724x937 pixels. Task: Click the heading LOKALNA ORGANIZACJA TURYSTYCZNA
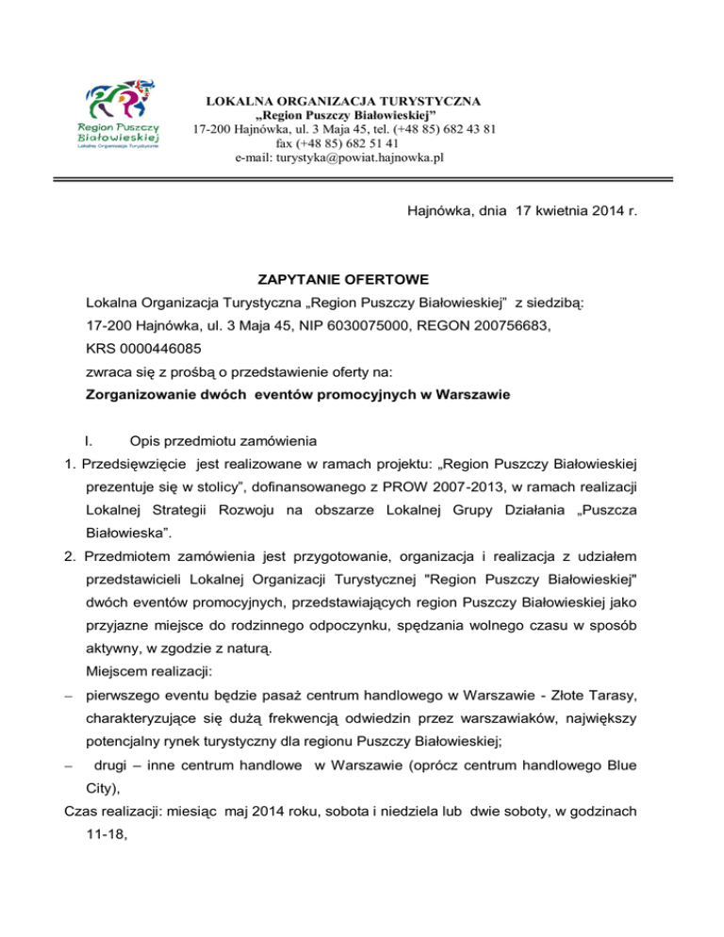342,100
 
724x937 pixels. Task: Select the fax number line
342,143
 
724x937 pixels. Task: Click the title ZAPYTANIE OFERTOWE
344,280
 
